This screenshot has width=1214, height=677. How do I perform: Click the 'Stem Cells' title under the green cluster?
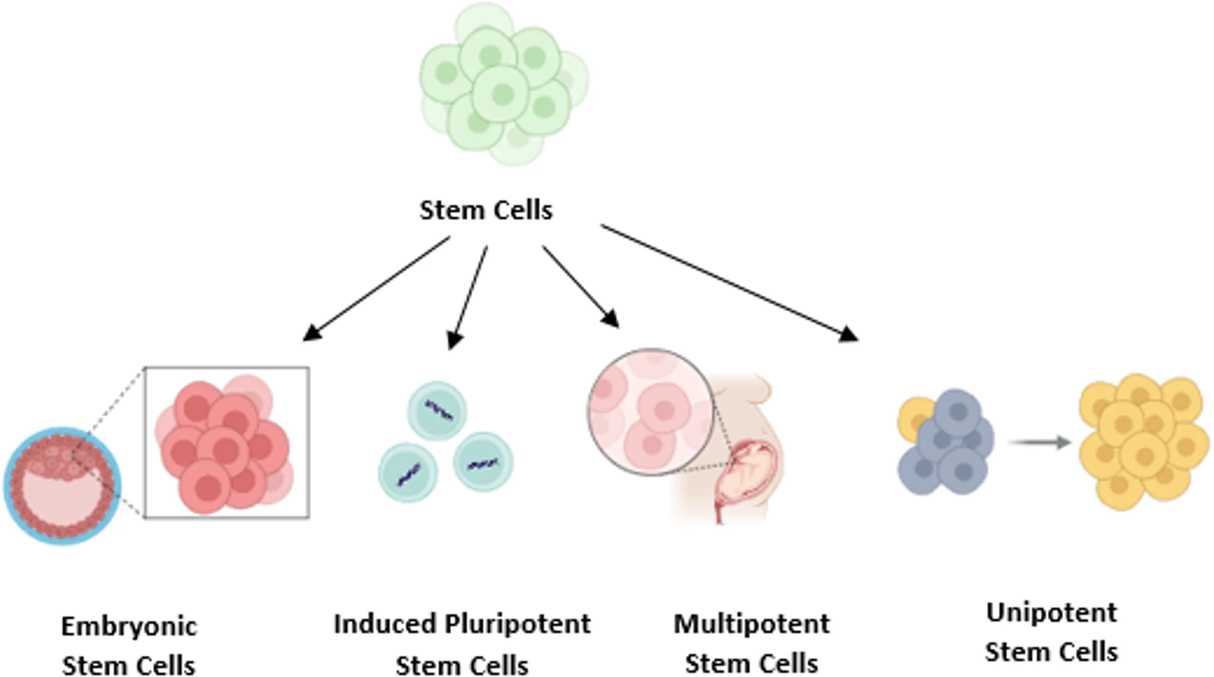tap(486, 210)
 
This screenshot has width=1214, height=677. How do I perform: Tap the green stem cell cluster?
tap(502, 86)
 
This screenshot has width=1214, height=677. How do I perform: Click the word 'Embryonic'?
tap(129, 627)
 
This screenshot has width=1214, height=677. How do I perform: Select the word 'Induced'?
tap(384, 624)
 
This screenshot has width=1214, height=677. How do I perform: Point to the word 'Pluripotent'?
tap(518, 624)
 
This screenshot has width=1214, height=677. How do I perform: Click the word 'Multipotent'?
tap(751, 624)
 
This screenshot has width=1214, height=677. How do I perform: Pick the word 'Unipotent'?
tap(1052, 613)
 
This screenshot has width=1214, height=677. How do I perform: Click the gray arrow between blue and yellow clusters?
tap(1040, 442)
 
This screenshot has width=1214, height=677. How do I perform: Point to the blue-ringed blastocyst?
tap(62, 486)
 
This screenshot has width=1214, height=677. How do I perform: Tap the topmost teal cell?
tap(437, 411)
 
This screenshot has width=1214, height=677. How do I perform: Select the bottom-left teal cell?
tap(408, 473)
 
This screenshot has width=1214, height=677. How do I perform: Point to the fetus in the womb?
tap(750, 473)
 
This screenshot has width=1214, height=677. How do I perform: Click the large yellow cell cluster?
tap(1140, 440)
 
